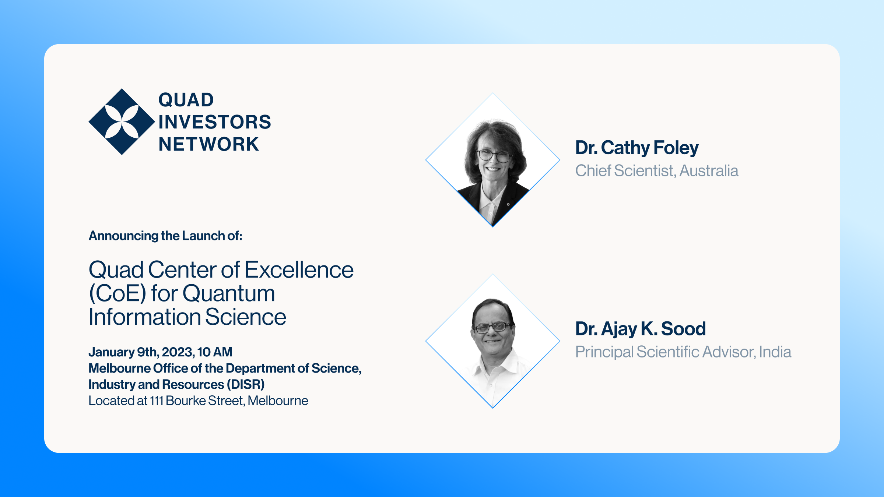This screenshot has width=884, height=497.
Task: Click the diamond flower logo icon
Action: click(x=122, y=122)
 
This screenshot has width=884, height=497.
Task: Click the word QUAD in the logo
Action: click(x=186, y=100)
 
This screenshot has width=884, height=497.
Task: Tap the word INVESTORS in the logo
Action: click(x=215, y=122)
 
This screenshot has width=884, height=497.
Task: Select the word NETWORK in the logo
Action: click(x=209, y=144)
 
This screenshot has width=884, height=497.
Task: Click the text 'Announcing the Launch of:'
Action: click(x=165, y=236)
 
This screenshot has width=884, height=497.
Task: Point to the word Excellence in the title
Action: click(x=299, y=270)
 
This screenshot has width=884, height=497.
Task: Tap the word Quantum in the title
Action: click(x=229, y=293)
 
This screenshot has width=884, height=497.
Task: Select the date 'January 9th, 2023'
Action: click(x=141, y=352)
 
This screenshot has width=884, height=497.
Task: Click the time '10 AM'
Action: click(x=215, y=352)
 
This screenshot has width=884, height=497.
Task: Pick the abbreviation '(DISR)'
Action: click(x=246, y=384)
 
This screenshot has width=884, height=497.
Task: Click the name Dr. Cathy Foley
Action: click(x=637, y=148)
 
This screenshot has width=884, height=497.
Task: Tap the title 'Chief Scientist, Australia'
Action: click(x=657, y=171)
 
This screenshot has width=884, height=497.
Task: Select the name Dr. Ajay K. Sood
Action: click(x=641, y=329)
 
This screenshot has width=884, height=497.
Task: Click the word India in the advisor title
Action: click(x=775, y=352)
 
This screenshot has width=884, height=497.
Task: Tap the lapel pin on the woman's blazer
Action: click(x=508, y=204)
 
